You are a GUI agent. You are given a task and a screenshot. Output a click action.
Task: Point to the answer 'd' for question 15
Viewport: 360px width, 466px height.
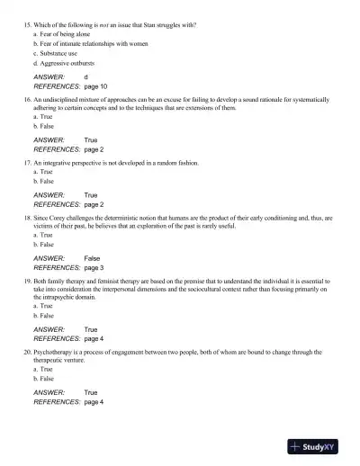point(85,77)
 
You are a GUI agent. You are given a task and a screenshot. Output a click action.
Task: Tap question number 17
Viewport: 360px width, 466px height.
point(26,164)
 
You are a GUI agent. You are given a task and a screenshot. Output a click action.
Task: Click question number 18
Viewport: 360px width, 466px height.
point(26,218)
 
